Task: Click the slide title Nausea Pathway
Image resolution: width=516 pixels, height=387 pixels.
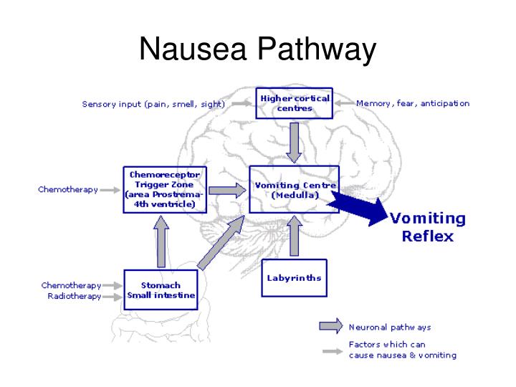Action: [x=257, y=50]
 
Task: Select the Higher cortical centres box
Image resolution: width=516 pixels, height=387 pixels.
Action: [x=295, y=103]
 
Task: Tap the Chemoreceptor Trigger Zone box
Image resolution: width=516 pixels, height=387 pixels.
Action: [x=165, y=190]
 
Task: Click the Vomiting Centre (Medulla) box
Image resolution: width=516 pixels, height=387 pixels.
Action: [x=294, y=190]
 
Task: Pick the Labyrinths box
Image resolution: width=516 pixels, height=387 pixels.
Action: [x=294, y=277]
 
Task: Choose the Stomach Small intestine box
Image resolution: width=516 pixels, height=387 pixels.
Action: [x=161, y=290]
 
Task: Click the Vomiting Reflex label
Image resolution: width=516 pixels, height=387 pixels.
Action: [x=427, y=227]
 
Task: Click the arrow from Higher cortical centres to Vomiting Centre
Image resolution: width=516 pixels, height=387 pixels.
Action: [x=294, y=141]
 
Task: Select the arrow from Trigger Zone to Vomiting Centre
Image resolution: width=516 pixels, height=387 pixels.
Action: [x=229, y=191]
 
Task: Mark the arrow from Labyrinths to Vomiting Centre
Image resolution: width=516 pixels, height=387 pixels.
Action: [x=294, y=236]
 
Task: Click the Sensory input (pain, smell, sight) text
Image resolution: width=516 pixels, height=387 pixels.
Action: [x=153, y=104]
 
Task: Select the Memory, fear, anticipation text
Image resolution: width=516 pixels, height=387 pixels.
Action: [x=413, y=104]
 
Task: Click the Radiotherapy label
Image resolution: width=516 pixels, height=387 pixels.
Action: [x=75, y=297]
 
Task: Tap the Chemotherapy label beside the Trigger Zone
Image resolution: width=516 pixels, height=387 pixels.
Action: [x=68, y=190]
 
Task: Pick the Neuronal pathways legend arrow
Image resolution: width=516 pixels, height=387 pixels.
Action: [x=330, y=327]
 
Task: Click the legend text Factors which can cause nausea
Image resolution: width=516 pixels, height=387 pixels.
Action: [x=402, y=350]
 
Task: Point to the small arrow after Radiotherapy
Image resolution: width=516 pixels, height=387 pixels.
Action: [x=113, y=297]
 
